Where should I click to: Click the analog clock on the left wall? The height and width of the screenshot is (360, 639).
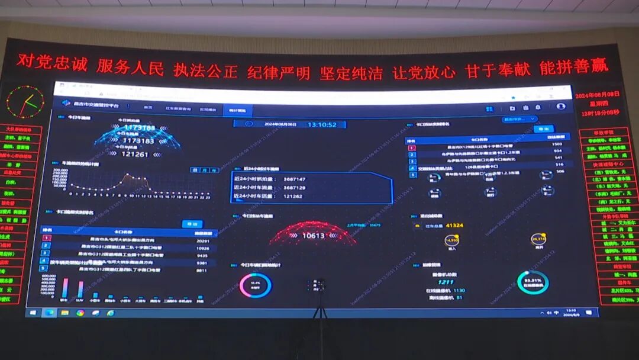(25, 102)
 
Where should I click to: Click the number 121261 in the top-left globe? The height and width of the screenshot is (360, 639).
(135, 154)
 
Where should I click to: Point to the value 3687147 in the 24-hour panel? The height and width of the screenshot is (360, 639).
(294, 179)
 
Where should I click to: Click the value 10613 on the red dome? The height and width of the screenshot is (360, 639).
(313, 236)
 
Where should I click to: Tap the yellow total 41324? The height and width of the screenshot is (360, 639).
(454, 226)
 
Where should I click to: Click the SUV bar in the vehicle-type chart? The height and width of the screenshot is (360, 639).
(80, 289)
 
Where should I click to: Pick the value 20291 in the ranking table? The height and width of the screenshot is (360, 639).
(202, 241)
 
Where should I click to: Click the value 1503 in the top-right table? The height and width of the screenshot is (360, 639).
(556, 144)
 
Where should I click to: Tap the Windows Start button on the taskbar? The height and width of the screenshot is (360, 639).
(33, 313)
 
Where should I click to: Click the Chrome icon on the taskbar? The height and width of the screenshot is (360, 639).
(80, 313)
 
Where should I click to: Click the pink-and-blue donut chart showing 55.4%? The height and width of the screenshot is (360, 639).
(256, 285)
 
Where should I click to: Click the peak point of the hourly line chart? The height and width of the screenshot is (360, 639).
(127, 175)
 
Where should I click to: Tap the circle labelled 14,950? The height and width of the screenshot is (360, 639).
(451, 240)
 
